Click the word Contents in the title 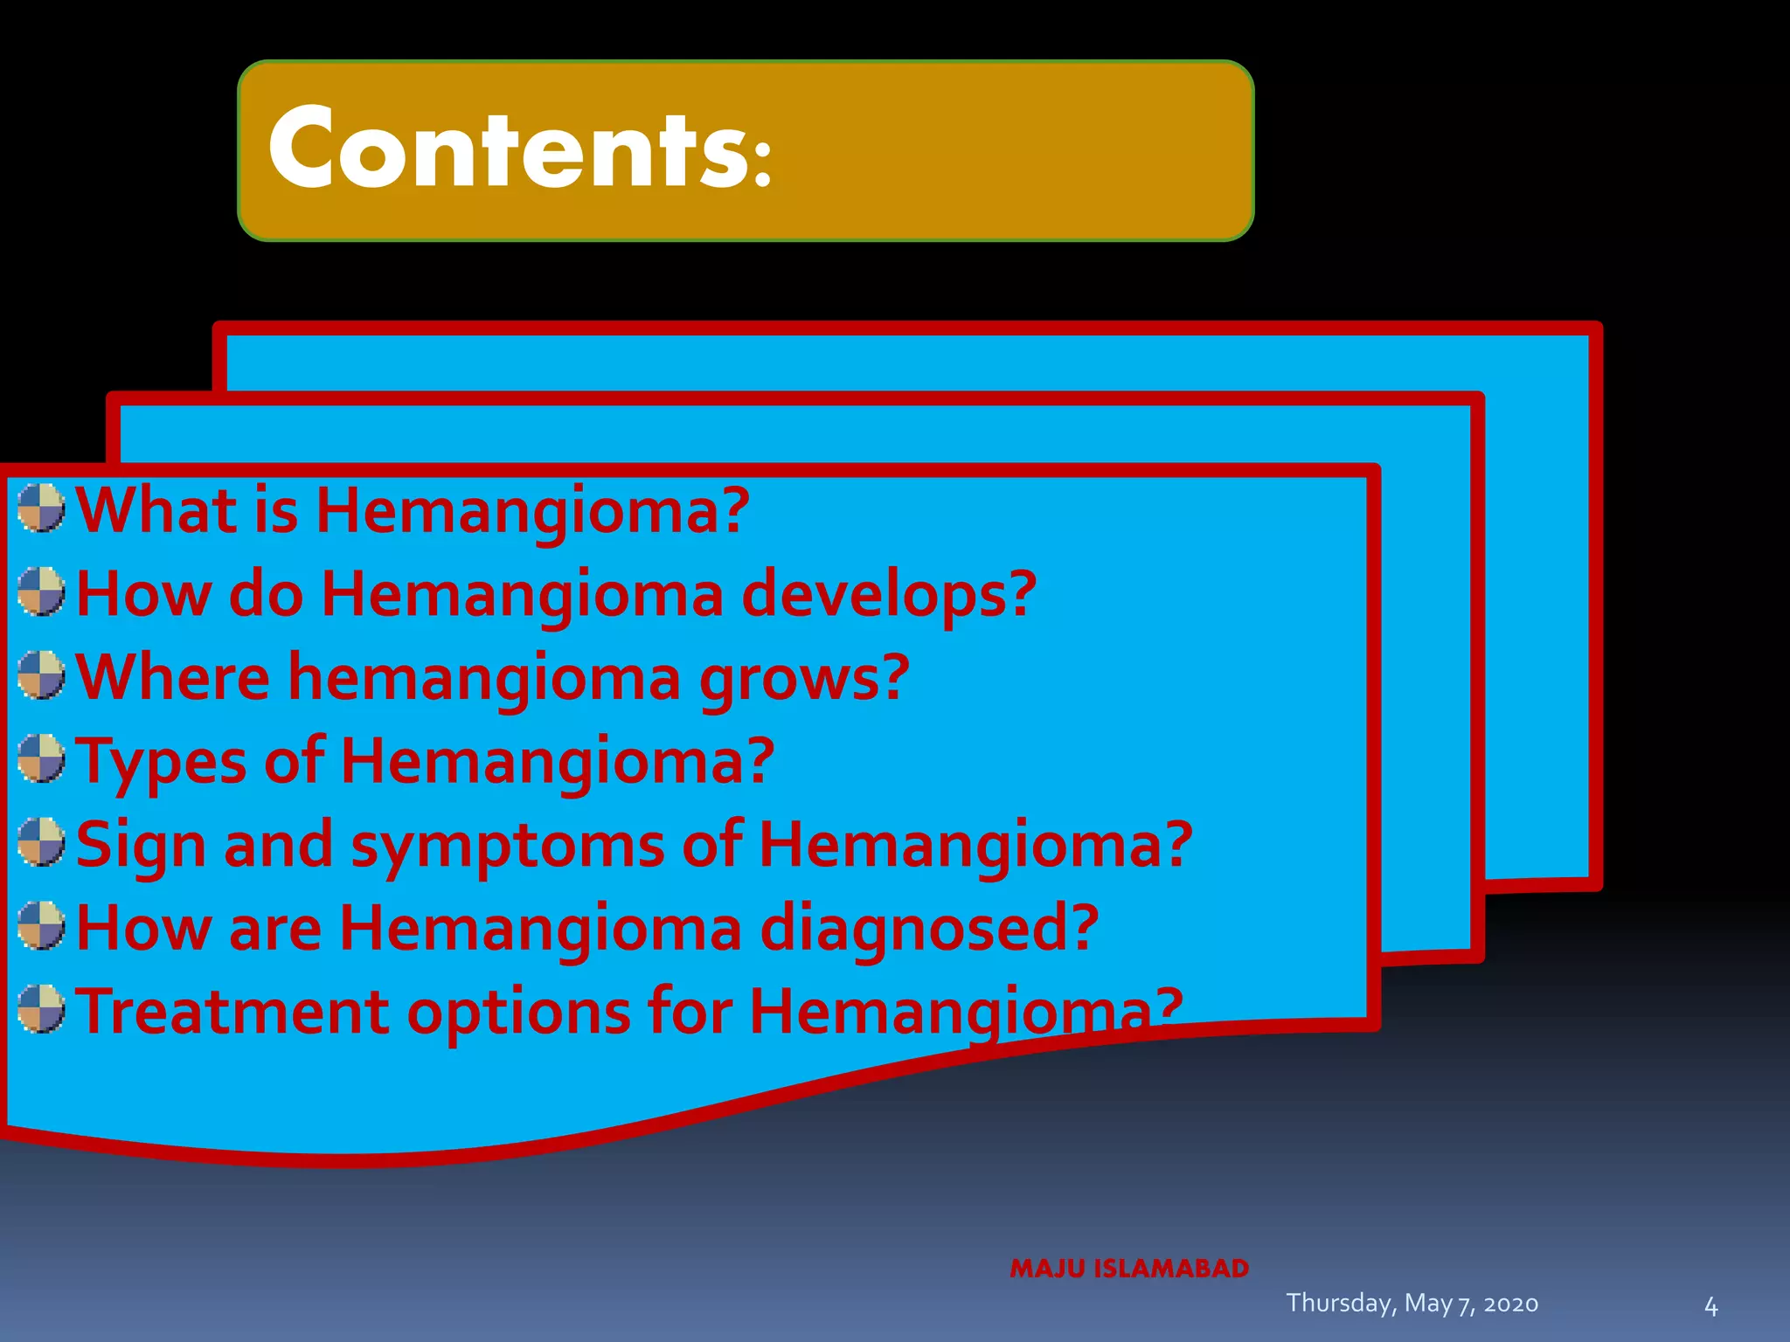click(507, 149)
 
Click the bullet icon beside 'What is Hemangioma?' click(41, 508)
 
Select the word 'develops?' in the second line click(889, 594)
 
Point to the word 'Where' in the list click(173, 678)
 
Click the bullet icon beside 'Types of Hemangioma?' click(41, 758)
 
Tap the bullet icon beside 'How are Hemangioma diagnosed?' click(41, 926)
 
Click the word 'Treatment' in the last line click(232, 1012)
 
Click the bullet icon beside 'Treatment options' click(41, 1009)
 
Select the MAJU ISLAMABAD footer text click(1129, 1269)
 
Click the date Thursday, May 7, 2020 click(1412, 1303)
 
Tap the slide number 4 click(1710, 1307)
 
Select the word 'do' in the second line click(266, 594)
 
